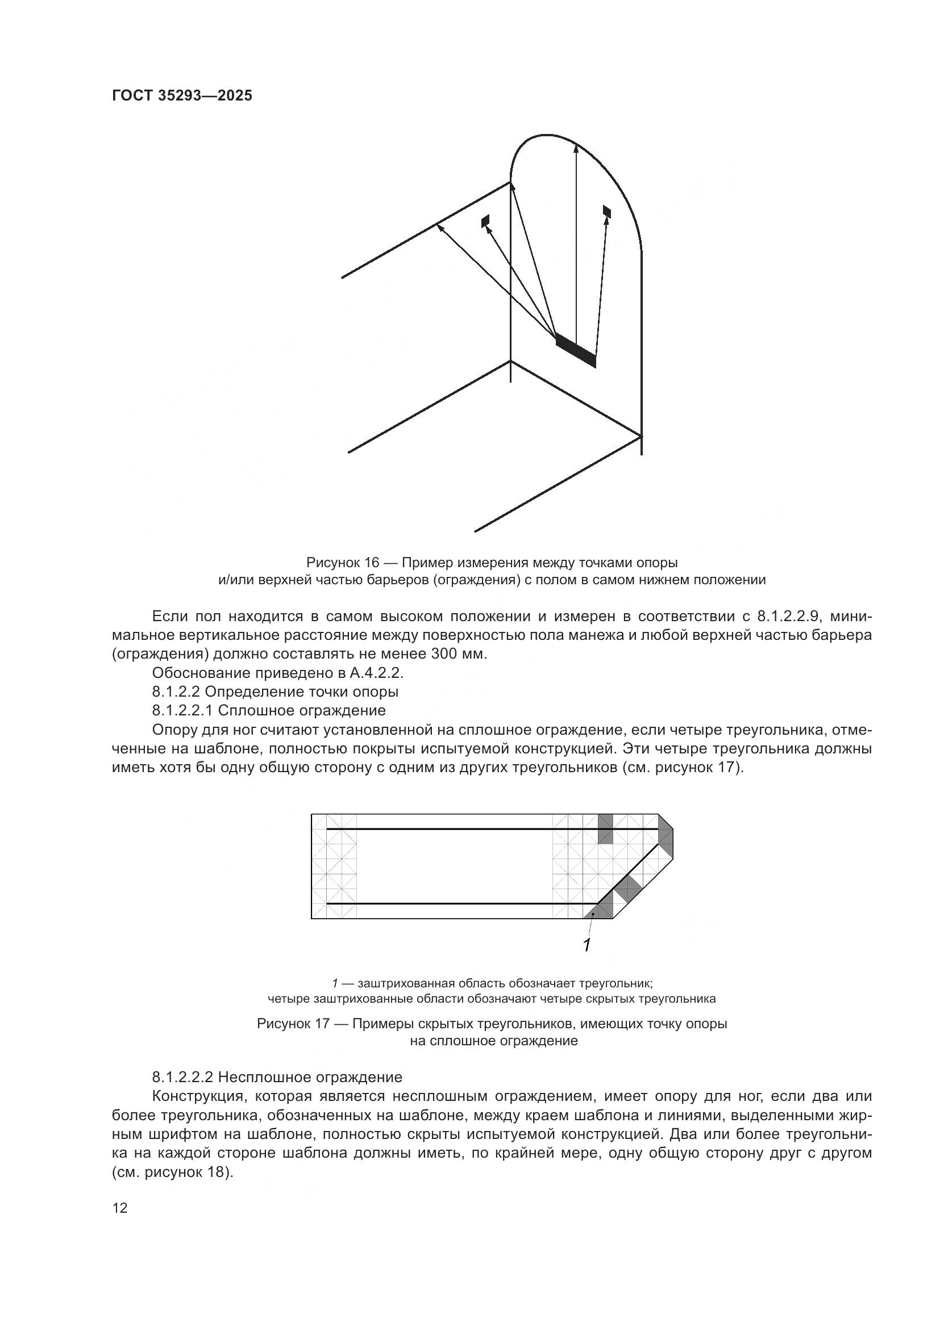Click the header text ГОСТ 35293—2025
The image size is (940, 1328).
point(182,96)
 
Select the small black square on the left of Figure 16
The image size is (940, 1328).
point(485,221)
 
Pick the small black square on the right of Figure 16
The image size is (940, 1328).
point(606,211)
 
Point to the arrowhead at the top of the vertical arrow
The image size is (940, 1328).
point(575,148)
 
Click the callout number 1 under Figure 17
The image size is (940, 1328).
point(587,946)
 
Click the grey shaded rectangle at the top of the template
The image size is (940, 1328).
point(605,829)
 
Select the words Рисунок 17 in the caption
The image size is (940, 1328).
point(293,1024)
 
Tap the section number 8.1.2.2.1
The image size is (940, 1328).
point(183,710)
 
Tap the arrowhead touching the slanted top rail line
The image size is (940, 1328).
point(440,227)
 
